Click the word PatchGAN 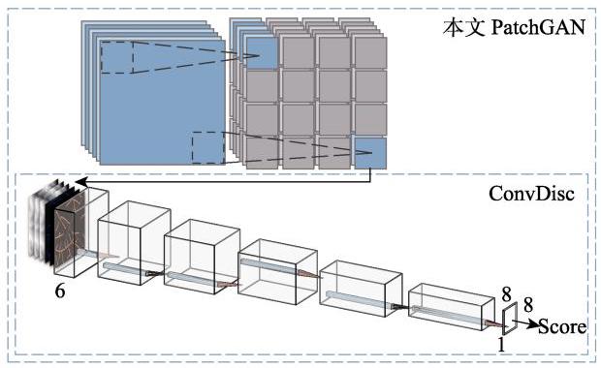pos(538,27)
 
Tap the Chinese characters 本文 pos(463,27)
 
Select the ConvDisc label pos(531,194)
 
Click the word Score pos(562,326)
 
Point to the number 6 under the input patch pos(60,291)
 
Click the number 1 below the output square pos(501,344)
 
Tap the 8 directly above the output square pos(506,294)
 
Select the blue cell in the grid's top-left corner pos(263,53)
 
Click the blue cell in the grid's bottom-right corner pos(370,153)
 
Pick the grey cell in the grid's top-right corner pos(370,53)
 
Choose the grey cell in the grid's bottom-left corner pos(263,153)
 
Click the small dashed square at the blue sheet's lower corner pos(208,148)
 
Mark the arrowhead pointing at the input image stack pos(80,182)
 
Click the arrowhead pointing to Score pos(533,324)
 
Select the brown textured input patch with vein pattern pos(70,232)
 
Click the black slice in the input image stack pos(50,226)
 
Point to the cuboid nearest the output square pos(451,306)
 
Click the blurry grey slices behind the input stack pos(38,222)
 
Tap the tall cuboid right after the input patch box pos(134,243)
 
